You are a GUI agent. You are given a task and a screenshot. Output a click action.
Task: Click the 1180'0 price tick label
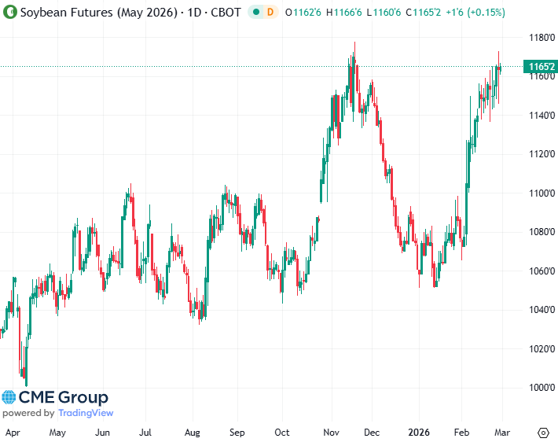click(543, 37)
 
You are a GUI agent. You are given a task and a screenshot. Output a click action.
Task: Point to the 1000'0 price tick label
click(543, 388)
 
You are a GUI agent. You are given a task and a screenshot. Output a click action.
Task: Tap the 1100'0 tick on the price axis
click(543, 193)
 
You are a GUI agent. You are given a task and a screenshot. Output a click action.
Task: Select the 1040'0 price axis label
click(543, 310)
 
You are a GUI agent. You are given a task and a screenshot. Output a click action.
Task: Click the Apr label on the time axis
click(13, 433)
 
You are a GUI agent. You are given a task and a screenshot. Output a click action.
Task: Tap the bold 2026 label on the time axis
click(418, 433)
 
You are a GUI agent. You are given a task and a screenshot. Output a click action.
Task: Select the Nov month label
click(330, 433)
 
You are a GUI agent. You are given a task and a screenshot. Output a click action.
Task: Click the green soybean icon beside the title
click(10, 13)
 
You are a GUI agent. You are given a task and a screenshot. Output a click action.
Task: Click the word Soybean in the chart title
click(41, 13)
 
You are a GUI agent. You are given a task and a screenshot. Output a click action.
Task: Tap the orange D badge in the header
click(270, 13)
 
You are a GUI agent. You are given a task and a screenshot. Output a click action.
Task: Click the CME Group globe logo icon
click(9, 398)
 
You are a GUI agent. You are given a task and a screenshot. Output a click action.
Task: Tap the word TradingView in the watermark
click(86, 413)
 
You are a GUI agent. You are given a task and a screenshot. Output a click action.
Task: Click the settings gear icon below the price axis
click(543, 433)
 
